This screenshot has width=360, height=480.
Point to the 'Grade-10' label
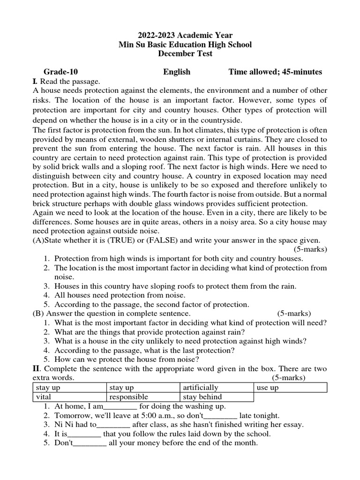pos(61,72)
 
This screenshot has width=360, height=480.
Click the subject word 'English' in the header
pos(177,72)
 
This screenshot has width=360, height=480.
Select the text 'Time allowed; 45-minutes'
pos(275,72)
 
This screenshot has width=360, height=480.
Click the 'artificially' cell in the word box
pos(201,388)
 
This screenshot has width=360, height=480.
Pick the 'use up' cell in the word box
pos(268,388)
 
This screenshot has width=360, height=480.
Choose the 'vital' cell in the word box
pos(43,397)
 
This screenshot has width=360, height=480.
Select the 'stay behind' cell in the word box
pos(202,397)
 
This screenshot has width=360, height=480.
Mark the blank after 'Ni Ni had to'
pos(114,425)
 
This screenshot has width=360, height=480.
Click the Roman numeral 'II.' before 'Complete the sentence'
pos(37,369)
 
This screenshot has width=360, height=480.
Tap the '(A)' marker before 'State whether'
pos(38,240)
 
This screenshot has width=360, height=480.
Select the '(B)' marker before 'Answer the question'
pos(38,313)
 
